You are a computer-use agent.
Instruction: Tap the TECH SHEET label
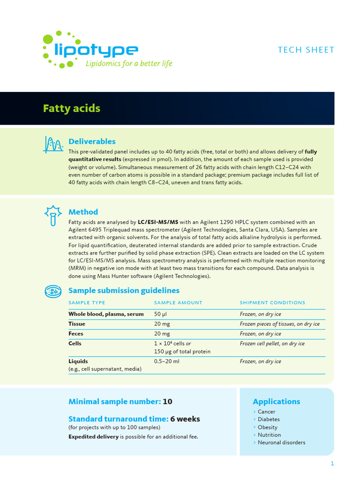coord(306,50)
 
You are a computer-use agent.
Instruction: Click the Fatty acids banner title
coord(71,108)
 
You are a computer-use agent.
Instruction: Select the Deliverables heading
coord(92,141)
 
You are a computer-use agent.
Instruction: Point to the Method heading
coord(83,212)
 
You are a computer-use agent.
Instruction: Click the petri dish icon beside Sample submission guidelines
coord(53,292)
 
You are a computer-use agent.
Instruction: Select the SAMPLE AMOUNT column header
coord(178,303)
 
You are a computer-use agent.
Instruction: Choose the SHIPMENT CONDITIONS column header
coord(272,303)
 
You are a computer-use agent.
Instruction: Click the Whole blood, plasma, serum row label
coord(106,314)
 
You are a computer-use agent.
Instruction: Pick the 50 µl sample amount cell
coord(161,314)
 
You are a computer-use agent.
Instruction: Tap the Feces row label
coord(76,334)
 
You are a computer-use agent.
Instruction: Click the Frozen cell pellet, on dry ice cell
coord(272,344)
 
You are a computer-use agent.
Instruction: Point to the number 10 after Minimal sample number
coord(167,402)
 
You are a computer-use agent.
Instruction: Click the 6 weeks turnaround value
coord(185,419)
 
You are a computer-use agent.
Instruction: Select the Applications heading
coord(276,402)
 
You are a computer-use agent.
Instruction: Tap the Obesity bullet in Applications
coord(267,427)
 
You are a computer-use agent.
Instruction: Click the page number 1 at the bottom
coord(332,464)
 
